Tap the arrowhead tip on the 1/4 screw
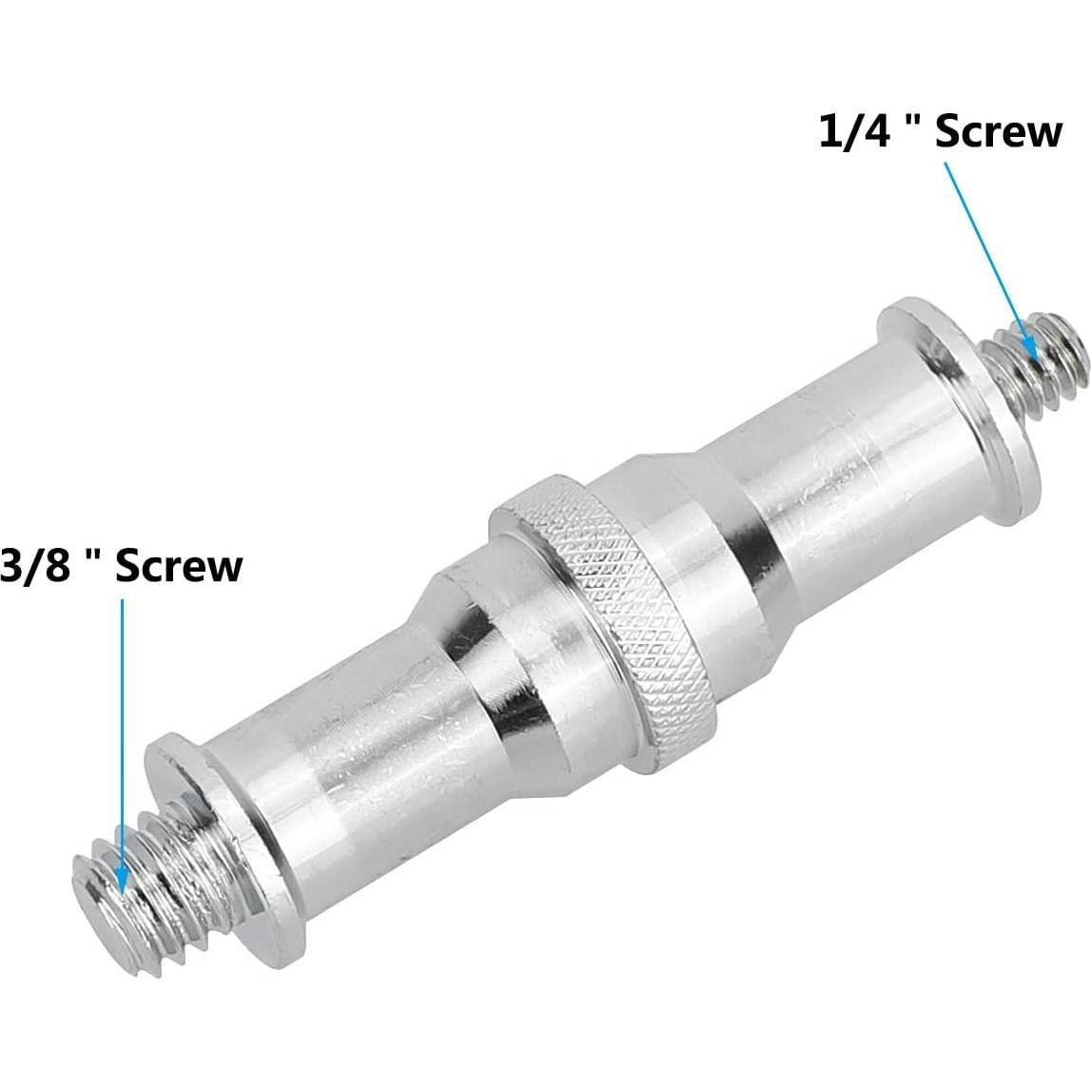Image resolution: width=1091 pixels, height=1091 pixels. point(1030,347)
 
